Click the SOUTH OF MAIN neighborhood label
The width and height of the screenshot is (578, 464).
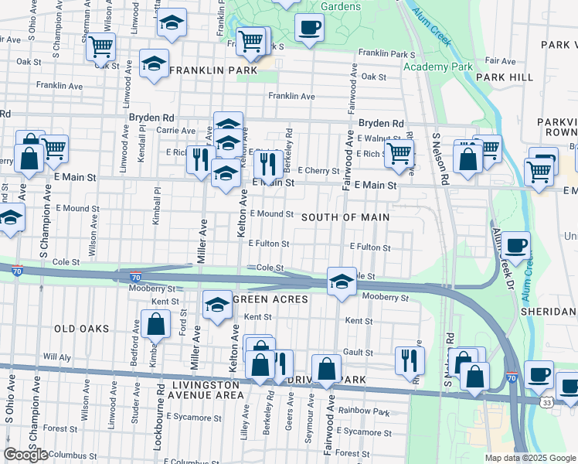coord(345,217)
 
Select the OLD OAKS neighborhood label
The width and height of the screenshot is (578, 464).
coord(82,329)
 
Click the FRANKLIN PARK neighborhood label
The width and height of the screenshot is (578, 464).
coord(212,70)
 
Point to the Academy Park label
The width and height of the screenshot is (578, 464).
coord(437,67)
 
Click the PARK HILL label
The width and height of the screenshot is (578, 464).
coord(504,77)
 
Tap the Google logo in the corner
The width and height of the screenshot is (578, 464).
coord(25,455)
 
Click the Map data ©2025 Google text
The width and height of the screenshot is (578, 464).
coord(530,458)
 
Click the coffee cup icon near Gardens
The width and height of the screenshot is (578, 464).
coord(309,27)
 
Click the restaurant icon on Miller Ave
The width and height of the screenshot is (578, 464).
coord(201,159)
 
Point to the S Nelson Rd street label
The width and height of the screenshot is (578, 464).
coord(444,159)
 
